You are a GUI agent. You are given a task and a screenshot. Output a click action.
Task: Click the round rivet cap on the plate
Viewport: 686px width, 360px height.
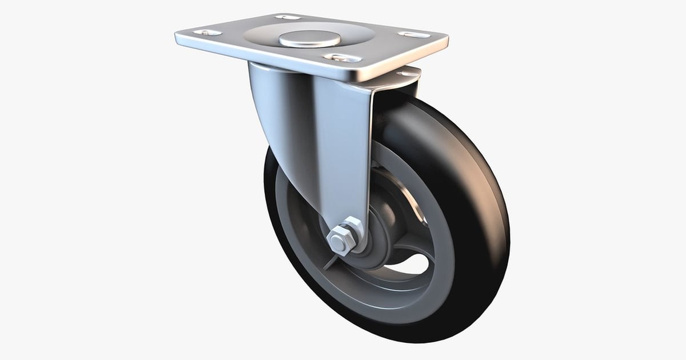[x=310, y=39]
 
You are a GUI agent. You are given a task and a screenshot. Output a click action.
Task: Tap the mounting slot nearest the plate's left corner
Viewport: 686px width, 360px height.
[x=207, y=33]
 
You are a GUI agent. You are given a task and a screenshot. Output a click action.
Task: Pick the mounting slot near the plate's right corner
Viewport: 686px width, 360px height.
[x=414, y=35]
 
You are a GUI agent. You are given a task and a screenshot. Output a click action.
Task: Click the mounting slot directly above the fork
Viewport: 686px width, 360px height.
[x=342, y=58]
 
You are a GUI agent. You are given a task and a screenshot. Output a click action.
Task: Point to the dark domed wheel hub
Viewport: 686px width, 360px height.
[x=380, y=229]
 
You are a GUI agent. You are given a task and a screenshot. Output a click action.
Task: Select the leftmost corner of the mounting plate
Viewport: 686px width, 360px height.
[x=177, y=38]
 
